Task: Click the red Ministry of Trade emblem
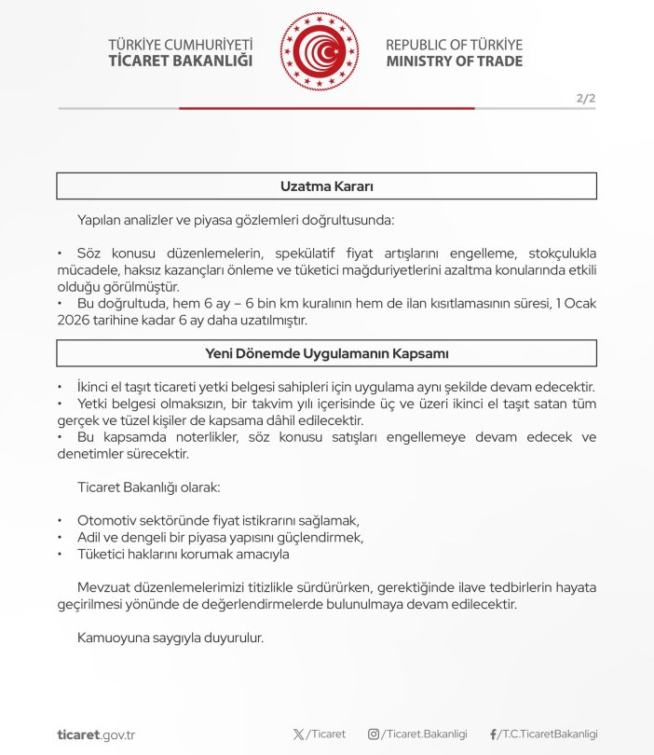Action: coord(319,52)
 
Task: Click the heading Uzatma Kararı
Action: coord(327,186)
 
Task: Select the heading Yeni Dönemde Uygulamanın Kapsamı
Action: coord(327,353)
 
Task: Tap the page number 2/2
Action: coord(586,97)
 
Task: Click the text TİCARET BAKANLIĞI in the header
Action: coord(181,62)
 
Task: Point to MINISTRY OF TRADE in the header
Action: coord(454,62)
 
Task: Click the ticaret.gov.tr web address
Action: coord(96,734)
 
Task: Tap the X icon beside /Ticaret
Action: coord(298,734)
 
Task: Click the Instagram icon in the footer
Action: coord(374,734)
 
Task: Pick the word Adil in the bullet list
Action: coord(89,537)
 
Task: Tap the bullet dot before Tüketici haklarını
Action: coord(60,554)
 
